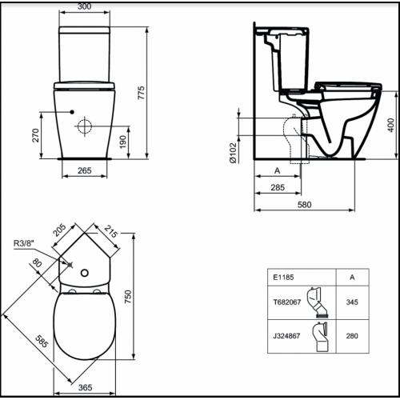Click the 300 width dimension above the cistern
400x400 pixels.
pyautogui.click(x=85, y=6)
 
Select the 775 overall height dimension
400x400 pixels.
pyautogui.click(x=141, y=93)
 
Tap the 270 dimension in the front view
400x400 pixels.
pyautogui.click(x=36, y=135)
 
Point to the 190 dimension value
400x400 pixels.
pyautogui.click(x=122, y=142)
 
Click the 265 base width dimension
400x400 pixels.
pyautogui.click(x=85, y=170)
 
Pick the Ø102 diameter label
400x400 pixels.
pyautogui.click(x=233, y=153)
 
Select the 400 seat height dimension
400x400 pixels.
pyautogui.click(x=390, y=125)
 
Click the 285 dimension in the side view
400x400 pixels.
pyautogui.click(x=278, y=187)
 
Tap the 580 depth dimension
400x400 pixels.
pyautogui.click(x=304, y=205)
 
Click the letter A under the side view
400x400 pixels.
pyautogui.click(x=278, y=170)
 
